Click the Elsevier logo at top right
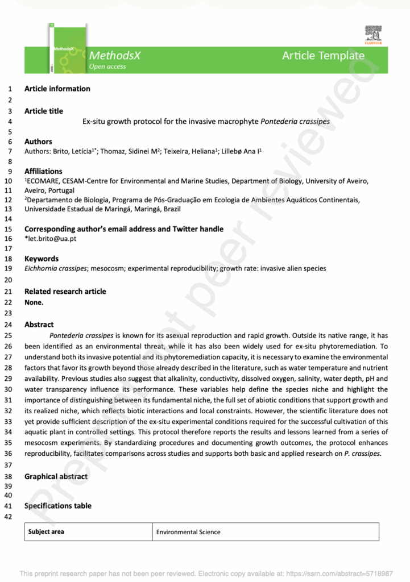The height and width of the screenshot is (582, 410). point(374,35)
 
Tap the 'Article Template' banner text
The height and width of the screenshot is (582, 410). point(323,55)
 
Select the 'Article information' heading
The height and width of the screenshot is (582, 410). point(57,89)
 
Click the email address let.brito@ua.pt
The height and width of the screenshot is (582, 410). point(52,239)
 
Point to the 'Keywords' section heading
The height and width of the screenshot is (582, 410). point(42,259)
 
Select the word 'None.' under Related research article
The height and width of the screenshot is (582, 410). point(34,302)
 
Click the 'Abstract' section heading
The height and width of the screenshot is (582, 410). point(39,325)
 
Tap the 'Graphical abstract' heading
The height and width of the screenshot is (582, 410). point(56,476)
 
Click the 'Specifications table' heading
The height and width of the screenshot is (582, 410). point(57,506)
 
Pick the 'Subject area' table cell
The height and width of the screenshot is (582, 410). point(47,532)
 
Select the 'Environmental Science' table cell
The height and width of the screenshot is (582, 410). point(188,532)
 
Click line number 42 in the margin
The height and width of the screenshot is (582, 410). point(8,517)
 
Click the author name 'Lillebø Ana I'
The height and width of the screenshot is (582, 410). point(241,151)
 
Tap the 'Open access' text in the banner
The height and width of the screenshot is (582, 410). point(107,66)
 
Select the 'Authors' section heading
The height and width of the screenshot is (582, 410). point(38,142)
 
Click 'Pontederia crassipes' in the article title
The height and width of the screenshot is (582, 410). point(295,121)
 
